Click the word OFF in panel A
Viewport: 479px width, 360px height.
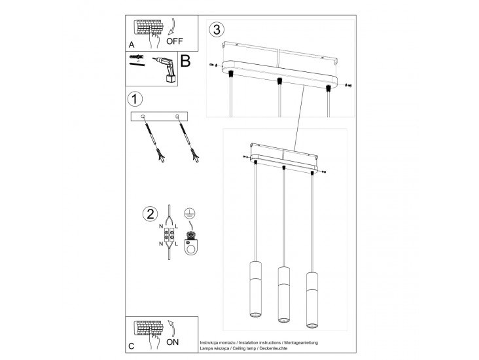coord(175,41)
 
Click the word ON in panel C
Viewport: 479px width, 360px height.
coord(173,342)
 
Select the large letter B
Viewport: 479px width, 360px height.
coord(185,61)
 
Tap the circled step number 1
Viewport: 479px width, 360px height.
coord(134,99)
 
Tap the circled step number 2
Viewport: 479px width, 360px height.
coord(151,213)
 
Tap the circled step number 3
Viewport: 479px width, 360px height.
coord(217,29)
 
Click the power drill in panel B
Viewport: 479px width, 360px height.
coord(165,69)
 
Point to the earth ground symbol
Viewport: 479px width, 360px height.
coord(190,213)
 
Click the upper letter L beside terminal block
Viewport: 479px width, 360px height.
coord(176,226)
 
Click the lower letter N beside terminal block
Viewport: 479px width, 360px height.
coord(161,244)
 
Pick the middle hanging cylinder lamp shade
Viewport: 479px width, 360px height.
coord(283,295)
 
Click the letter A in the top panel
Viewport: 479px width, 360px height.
coord(132,45)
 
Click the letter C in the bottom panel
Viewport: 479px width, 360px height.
coord(132,346)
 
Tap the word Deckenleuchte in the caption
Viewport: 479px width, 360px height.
coord(274,348)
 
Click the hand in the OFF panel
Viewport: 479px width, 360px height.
coord(154,39)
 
